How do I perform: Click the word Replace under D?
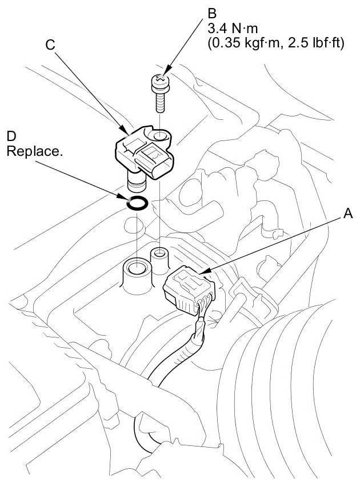point(33,153)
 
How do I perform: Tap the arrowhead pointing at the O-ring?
point(127,197)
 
